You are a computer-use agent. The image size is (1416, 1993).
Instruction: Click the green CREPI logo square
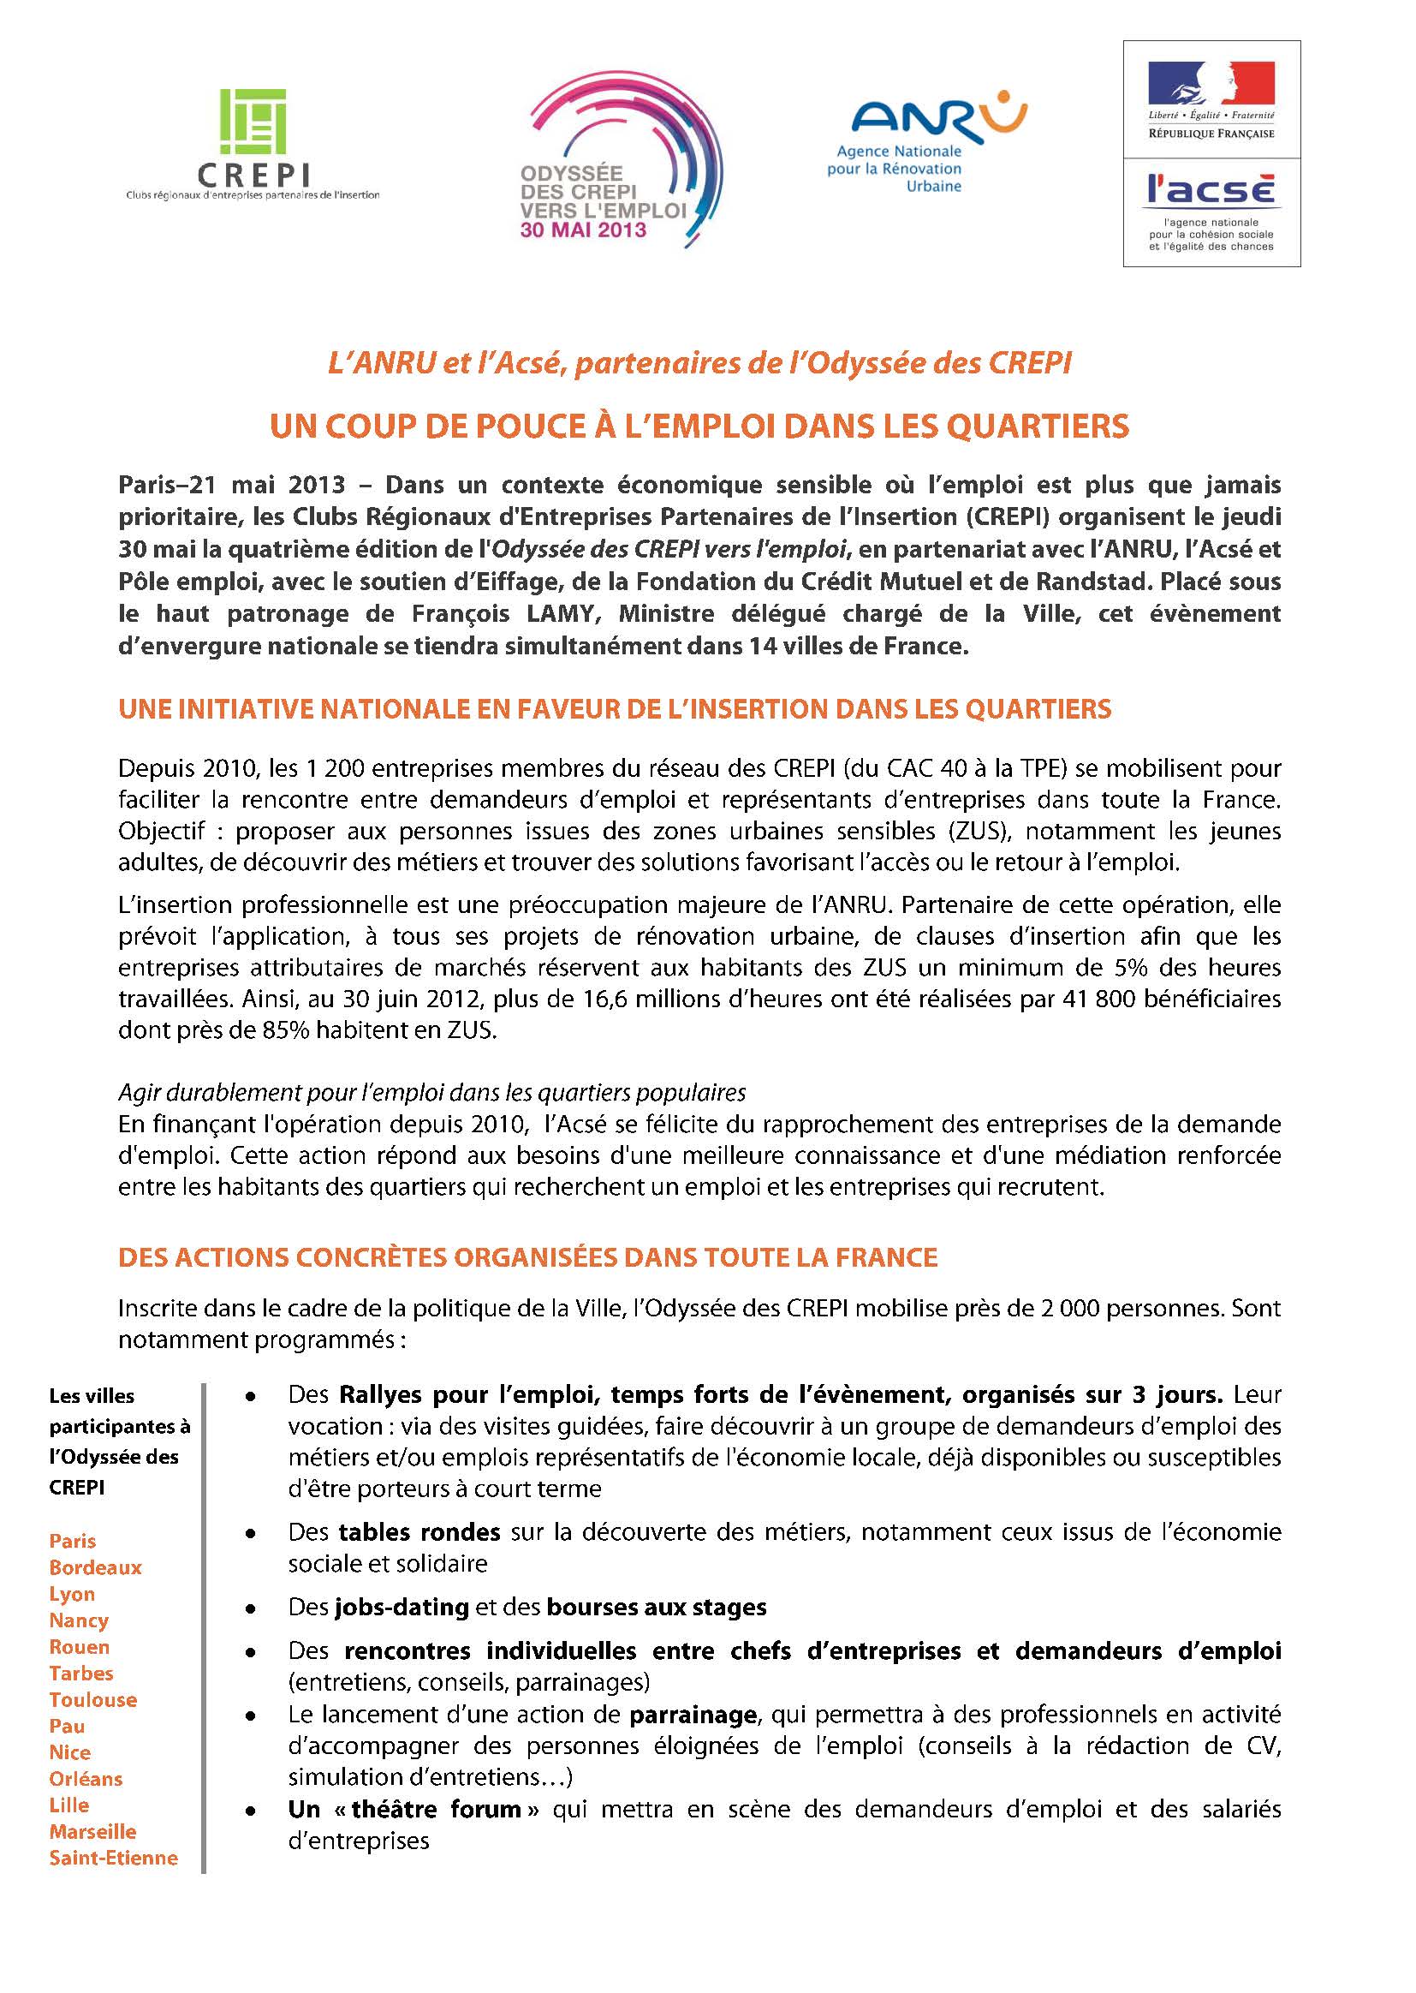[253, 122]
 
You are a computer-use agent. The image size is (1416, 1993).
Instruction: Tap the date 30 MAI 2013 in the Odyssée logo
[583, 230]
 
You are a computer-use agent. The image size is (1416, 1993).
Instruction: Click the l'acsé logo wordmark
[1211, 189]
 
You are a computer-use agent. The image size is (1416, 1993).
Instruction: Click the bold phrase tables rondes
[419, 1532]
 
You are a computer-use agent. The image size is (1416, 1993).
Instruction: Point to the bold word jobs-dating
[401, 1608]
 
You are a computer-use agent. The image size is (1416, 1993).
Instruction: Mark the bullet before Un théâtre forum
[251, 1812]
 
